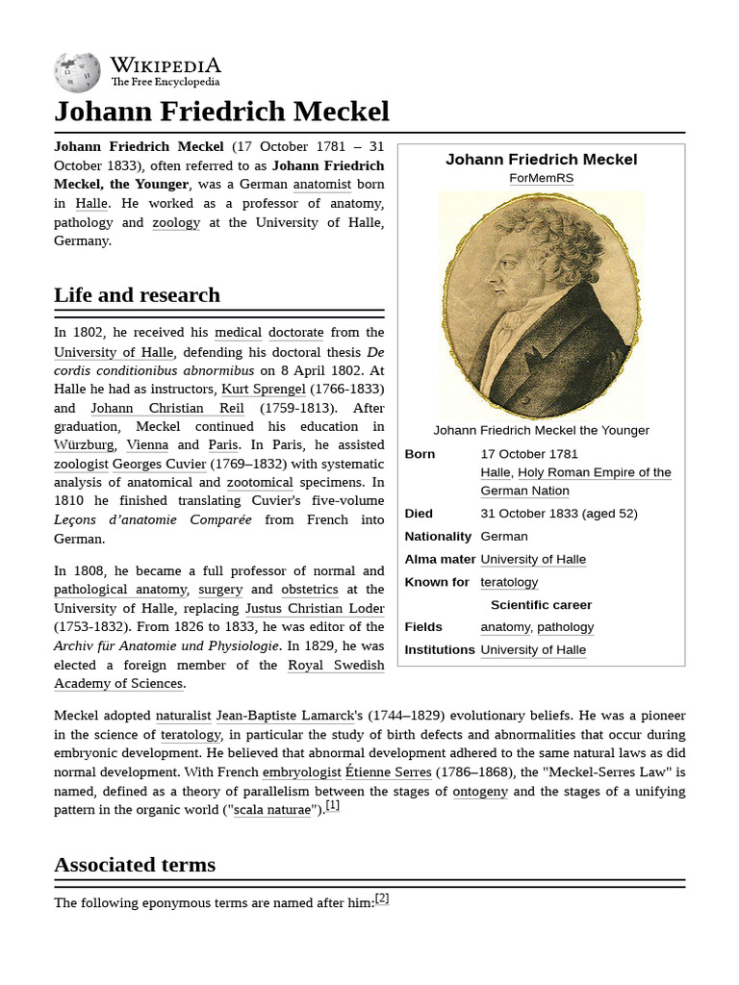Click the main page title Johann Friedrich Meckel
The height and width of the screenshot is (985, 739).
point(221,112)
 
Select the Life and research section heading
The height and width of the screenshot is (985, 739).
point(137,295)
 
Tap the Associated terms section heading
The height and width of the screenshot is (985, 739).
point(135,865)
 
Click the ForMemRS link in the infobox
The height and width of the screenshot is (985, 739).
point(541,179)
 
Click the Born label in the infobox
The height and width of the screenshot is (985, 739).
point(420,454)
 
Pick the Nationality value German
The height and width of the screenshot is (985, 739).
point(504,537)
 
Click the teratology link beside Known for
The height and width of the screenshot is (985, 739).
point(509,583)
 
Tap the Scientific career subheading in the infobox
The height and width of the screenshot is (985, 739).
point(541,605)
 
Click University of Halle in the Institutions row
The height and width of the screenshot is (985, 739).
point(533,650)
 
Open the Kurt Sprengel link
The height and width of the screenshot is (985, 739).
point(264,390)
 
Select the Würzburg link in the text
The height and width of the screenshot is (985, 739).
point(85,445)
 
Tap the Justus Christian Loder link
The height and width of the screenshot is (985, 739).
point(315,609)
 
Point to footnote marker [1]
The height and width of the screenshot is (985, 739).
point(332,806)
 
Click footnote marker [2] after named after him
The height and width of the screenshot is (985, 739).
point(382,898)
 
